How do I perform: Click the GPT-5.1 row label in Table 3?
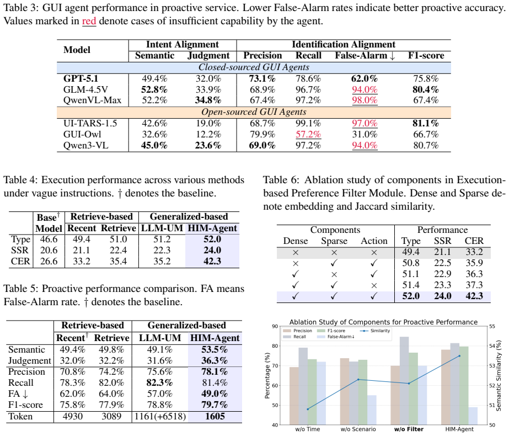coord(81,78)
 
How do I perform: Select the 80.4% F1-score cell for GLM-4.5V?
coord(426,89)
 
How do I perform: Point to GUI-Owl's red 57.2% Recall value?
coord(308,134)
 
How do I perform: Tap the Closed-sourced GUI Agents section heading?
coord(254,67)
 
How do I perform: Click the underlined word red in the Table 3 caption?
coord(89,21)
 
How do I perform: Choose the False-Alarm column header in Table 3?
coord(365,56)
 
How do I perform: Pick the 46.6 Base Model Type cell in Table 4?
coord(49,240)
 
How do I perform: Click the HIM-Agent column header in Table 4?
coord(212,228)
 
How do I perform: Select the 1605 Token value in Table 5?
coord(215,417)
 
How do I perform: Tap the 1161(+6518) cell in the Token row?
coord(160,417)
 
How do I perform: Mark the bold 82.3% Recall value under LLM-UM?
coord(160,382)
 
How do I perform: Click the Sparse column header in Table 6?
coord(334,241)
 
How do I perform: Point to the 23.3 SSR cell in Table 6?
coord(442,285)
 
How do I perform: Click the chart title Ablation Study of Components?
coord(383,322)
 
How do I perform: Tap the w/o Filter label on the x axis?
coord(409,429)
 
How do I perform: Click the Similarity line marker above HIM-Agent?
coord(459,356)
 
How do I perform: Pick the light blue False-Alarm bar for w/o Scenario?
coord(372,410)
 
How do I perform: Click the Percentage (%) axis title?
coord(267,376)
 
